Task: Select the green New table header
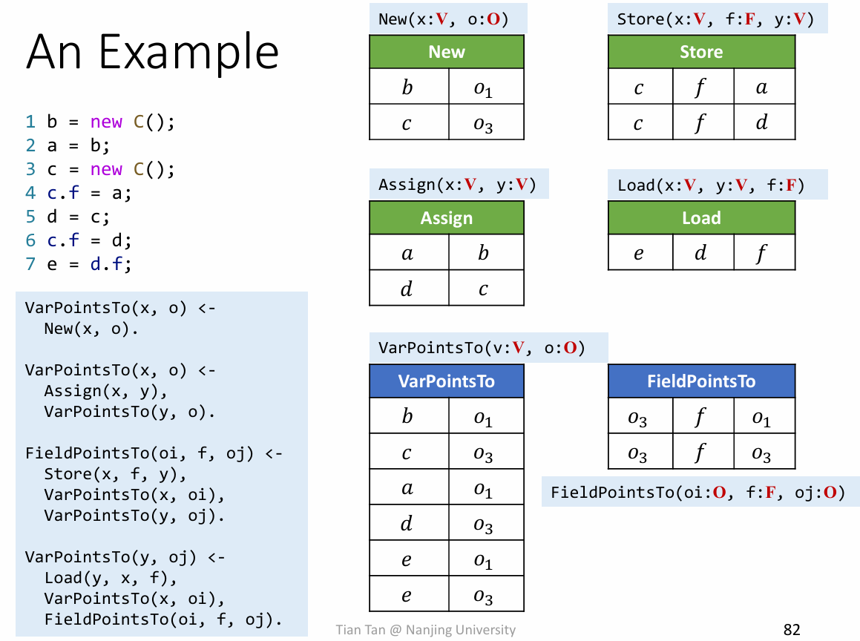(x=447, y=52)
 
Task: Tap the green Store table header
(x=701, y=52)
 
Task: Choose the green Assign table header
(x=447, y=218)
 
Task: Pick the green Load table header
(x=701, y=218)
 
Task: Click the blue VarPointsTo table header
(x=447, y=381)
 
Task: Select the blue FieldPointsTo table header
(x=701, y=381)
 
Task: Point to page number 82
(x=792, y=630)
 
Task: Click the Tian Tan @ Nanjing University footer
(x=425, y=630)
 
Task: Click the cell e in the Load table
(x=639, y=254)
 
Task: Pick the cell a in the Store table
(x=762, y=88)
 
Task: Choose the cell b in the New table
(x=407, y=88)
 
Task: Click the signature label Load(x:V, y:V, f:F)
(x=711, y=185)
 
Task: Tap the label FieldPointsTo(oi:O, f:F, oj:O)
(x=697, y=492)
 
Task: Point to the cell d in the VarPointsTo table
(x=407, y=525)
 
